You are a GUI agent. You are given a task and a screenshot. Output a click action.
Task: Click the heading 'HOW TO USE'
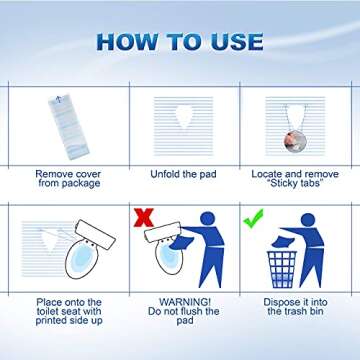pyautogui.click(x=180, y=41)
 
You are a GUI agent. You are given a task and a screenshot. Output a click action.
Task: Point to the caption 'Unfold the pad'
pyautogui.click(x=180, y=173)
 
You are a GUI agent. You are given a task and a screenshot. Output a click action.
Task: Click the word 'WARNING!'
pyautogui.click(x=179, y=301)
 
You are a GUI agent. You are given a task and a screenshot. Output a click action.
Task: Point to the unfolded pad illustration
pyautogui.click(x=180, y=124)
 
